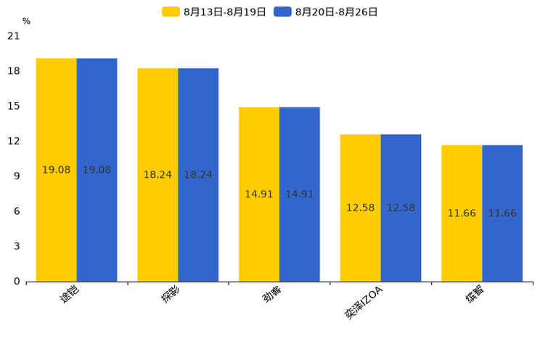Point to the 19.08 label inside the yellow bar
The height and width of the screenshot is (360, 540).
pyautogui.click(x=57, y=170)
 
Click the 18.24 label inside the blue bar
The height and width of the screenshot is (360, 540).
pyautogui.click(x=198, y=175)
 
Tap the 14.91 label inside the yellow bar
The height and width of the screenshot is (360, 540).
pyautogui.click(x=259, y=195)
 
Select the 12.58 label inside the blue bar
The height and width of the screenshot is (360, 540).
pyautogui.click(x=401, y=208)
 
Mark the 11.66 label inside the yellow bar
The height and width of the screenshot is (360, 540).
pyautogui.click(x=462, y=213)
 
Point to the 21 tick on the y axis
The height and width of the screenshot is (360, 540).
pyautogui.click(x=14, y=36)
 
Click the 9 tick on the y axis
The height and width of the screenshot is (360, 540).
pyautogui.click(x=17, y=176)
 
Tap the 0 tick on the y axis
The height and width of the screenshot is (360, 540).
pyautogui.click(x=17, y=282)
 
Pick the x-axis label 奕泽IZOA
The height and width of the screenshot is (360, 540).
pyautogui.click(x=364, y=303)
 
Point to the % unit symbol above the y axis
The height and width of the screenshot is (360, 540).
pyautogui.click(x=26, y=21)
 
